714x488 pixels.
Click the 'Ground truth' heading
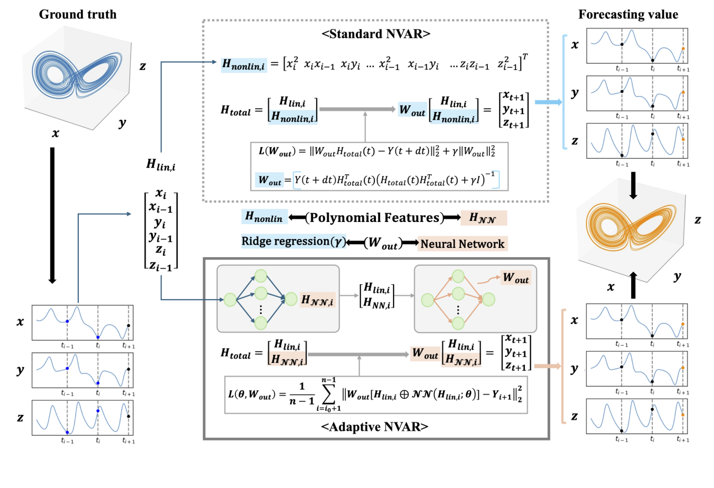coord(78,15)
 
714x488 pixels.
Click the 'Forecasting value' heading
coord(628,15)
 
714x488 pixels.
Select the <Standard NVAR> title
coord(375,34)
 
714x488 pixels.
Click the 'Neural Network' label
coord(462,244)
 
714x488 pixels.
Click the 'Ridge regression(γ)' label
coord(293,242)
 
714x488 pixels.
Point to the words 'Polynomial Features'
coord(374,218)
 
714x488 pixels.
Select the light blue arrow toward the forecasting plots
coord(548,102)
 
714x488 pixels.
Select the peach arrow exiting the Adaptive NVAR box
coord(547,366)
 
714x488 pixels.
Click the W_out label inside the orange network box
coord(515,278)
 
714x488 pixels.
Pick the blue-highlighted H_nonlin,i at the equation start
coord(243,65)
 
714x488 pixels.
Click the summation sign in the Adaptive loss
coord(328,395)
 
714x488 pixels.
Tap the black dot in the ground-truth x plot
coord(129,326)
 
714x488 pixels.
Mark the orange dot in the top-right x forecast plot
coord(683,49)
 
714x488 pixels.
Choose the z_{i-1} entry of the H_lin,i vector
coord(161,266)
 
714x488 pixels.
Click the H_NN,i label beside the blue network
coord(317,300)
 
